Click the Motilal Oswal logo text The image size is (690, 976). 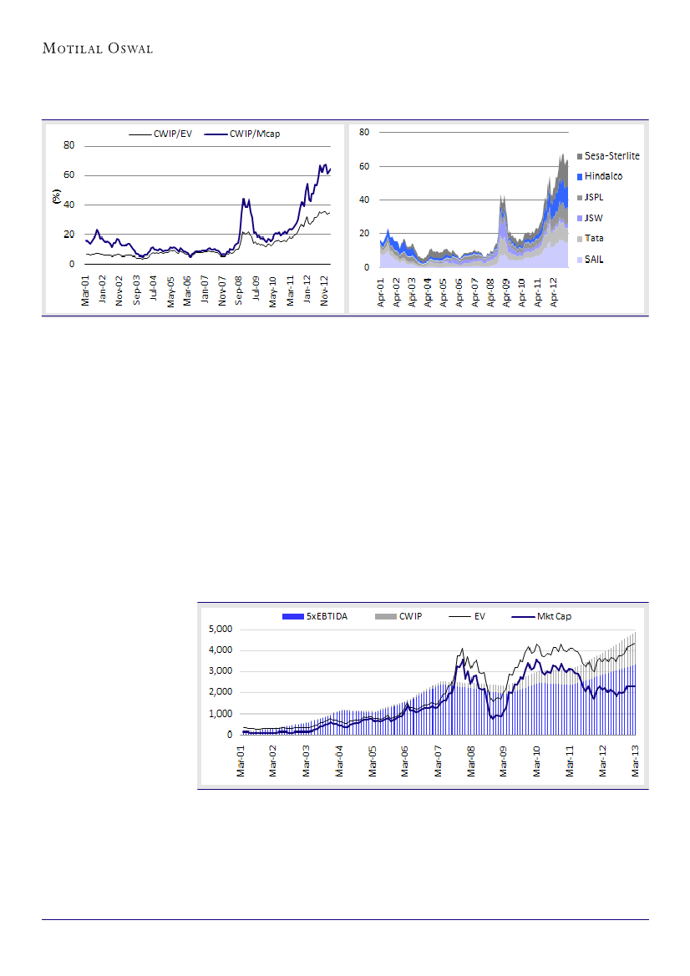[x=97, y=48]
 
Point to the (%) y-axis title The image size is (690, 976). [x=57, y=197]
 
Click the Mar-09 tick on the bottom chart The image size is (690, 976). [x=503, y=760]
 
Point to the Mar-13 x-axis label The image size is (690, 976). [x=635, y=760]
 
